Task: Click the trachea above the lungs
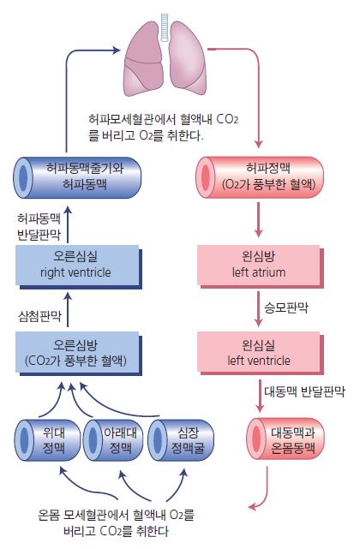point(165,27)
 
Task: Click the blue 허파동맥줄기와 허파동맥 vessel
point(77,177)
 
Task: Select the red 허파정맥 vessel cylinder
point(260,177)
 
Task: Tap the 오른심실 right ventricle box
point(79,267)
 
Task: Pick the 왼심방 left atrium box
point(260,267)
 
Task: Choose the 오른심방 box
point(79,354)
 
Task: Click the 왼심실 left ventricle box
point(260,354)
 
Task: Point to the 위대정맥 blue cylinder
point(47,440)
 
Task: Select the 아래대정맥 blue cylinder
point(113,440)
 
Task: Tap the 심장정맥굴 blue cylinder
point(181,440)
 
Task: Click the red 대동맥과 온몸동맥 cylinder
point(285,439)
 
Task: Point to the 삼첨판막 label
point(39,316)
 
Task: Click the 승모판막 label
point(286,307)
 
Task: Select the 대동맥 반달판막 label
point(304,391)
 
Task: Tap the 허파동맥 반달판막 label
point(39,226)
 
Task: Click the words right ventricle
point(75,272)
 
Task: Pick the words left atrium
point(259,272)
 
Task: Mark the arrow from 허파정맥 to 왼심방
point(258,219)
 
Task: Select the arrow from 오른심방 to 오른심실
point(68,309)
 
